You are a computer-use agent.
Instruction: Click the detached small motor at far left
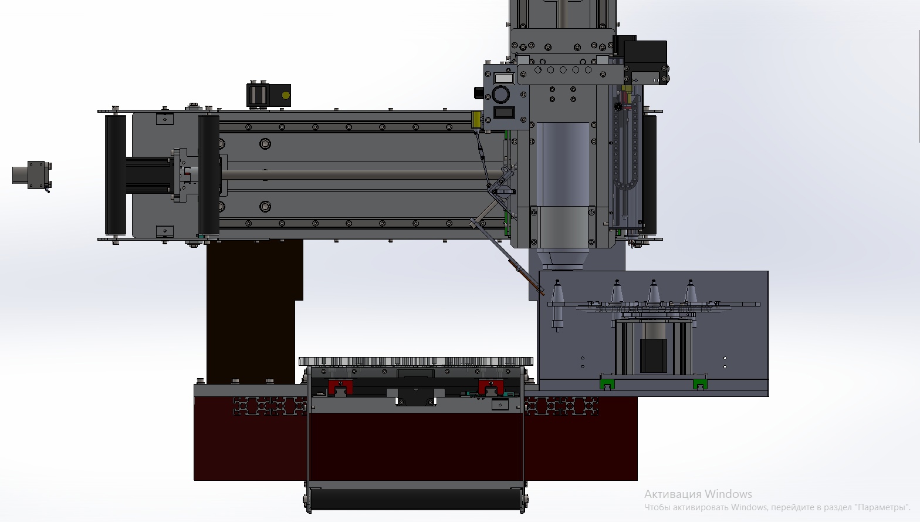point(32,176)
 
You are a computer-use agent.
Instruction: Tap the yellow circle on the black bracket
point(286,95)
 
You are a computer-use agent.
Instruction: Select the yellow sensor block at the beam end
point(476,120)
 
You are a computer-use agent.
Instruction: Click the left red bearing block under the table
point(340,387)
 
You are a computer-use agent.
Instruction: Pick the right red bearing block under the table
point(491,387)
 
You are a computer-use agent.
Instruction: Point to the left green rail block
point(607,384)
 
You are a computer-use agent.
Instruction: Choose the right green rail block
point(700,384)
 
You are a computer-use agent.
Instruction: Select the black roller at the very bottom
point(415,499)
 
